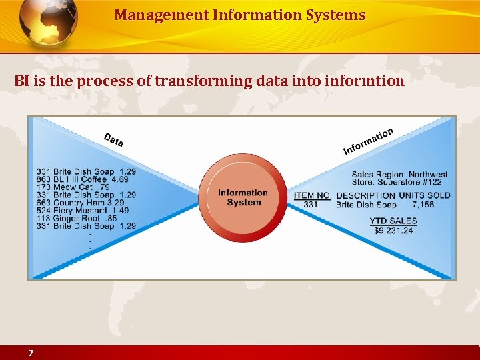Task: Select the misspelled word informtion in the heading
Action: click(365, 81)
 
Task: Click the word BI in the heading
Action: click(21, 81)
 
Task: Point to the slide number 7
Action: click(31, 353)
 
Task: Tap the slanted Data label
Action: click(113, 140)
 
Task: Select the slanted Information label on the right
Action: click(368, 141)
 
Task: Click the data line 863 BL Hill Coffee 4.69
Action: click(82, 179)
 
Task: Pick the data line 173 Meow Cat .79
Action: click(73, 187)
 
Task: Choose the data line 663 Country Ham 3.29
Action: click(80, 203)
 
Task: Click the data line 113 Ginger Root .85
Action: click(77, 218)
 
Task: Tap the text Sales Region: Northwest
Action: click(399, 175)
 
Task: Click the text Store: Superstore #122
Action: click(397, 183)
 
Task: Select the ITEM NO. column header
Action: click(312, 195)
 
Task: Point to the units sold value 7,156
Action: click(423, 205)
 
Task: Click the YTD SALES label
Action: click(393, 221)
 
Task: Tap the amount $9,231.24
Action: click(393, 231)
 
